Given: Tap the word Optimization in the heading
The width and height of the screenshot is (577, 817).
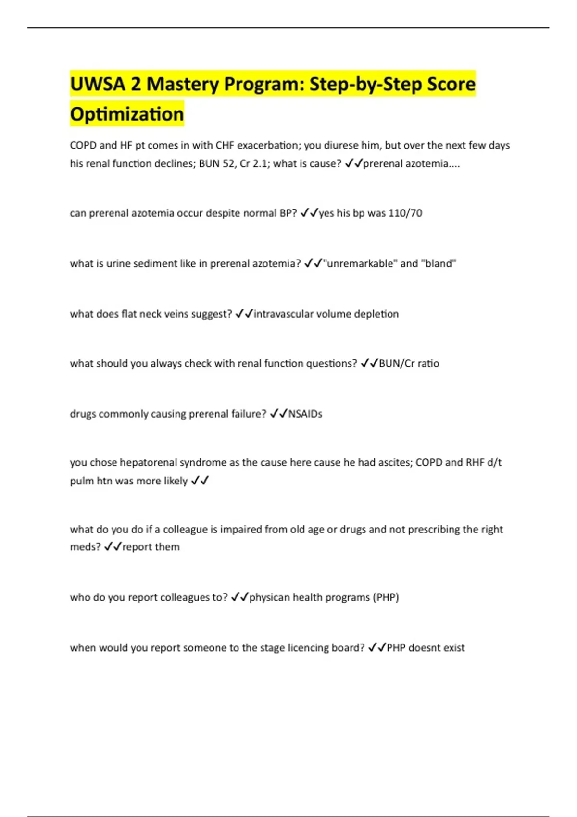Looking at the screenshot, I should click(x=127, y=114).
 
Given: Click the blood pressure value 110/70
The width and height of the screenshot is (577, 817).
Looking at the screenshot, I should click(x=405, y=213).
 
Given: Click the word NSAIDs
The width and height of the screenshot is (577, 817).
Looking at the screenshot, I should click(x=305, y=414).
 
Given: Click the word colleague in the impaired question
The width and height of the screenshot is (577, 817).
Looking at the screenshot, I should click(x=185, y=529).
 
